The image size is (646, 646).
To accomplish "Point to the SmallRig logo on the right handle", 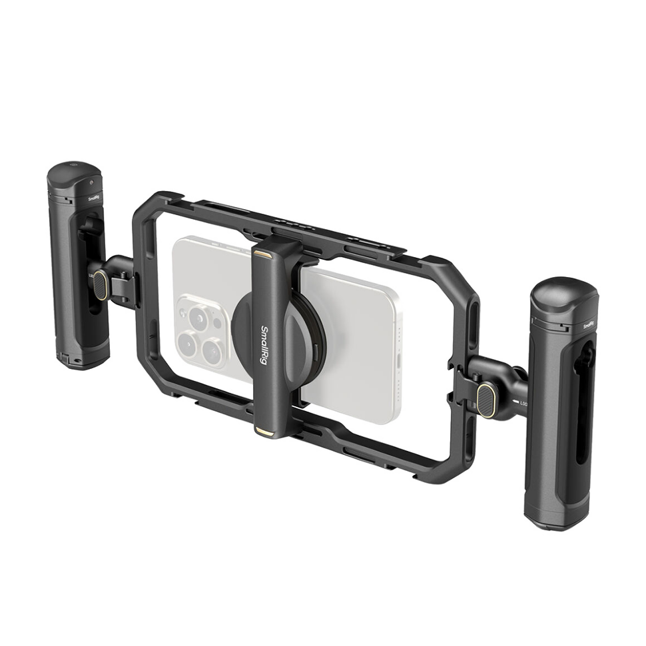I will (587, 326).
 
